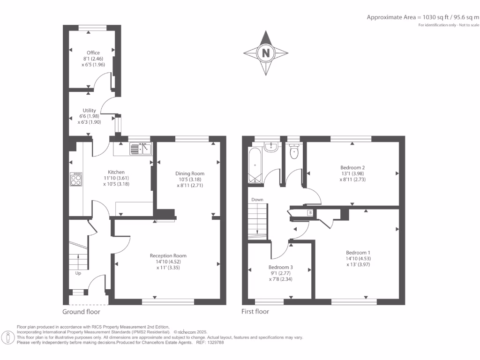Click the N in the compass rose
point(266,53)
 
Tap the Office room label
point(93,52)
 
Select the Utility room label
point(90,111)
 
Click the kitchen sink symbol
point(140,149)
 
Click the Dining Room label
point(190,173)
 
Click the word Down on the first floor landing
point(257,200)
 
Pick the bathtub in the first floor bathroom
point(255,165)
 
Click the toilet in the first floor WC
point(294,153)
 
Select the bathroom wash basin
point(271,148)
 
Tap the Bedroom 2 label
point(352,167)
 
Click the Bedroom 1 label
point(358,251)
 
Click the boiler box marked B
point(310,213)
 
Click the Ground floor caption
point(81,312)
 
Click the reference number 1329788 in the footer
point(215,342)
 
